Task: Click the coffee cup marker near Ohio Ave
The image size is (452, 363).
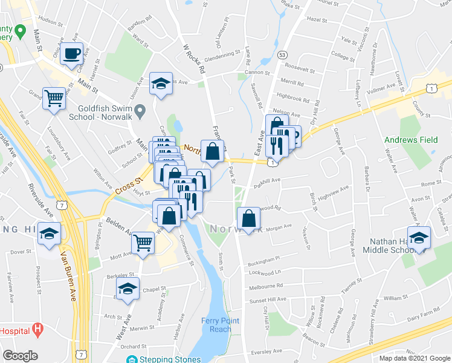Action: tap(71, 53)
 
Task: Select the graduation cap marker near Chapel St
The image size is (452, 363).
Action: tap(128, 288)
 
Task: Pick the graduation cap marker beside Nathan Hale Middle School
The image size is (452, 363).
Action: tap(419, 237)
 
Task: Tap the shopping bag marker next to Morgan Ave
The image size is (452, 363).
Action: tap(248, 219)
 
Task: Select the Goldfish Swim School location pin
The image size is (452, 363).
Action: tap(140, 111)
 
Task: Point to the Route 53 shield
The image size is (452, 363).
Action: tap(282, 54)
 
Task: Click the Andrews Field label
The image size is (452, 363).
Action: tap(412, 140)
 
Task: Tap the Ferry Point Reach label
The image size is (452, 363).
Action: tap(221, 324)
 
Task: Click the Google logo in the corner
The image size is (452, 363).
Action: tap(20, 356)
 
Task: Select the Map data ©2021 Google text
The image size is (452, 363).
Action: tap(414, 358)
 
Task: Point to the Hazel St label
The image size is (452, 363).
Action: tap(317, 19)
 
